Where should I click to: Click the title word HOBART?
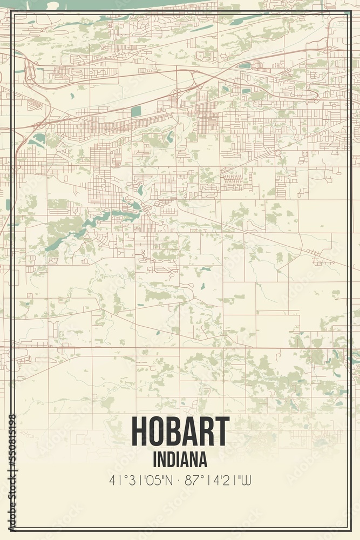[180, 433]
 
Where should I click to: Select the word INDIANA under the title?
[180, 460]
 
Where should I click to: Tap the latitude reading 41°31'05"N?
[142, 480]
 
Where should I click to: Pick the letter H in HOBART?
[139, 433]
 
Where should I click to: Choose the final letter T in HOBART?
[222, 433]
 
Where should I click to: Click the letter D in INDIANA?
[171, 460]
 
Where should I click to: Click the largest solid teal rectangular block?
[135, 112]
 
